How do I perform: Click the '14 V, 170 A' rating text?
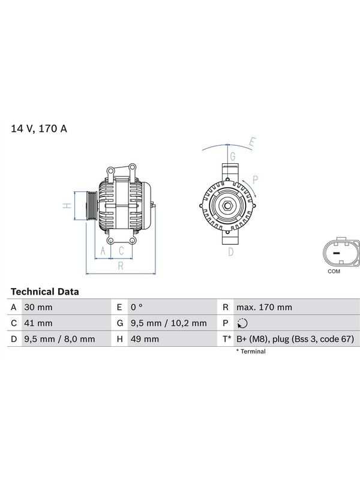click(x=39, y=128)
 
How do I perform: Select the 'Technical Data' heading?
click(x=44, y=292)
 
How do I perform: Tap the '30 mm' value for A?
click(x=38, y=307)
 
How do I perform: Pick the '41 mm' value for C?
click(x=38, y=323)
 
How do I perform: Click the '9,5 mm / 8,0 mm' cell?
click(x=59, y=339)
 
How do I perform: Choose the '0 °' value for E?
click(x=137, y=307)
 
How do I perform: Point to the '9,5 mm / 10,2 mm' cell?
click(x=169, y=323)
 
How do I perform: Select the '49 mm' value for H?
click(x=145, y=339)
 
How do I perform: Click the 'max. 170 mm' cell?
click(x=264, y=307)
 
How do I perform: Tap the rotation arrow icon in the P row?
click(x=242, y=323)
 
